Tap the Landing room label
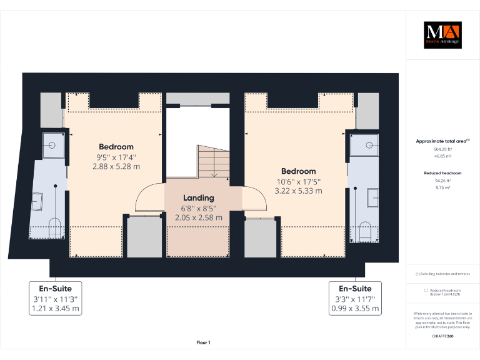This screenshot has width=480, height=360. (x=198, y=198)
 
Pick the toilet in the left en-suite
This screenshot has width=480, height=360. (x=54, y=227)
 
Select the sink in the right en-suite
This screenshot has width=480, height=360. (x=371, y=197)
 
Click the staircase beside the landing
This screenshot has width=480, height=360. (x=212, y=162)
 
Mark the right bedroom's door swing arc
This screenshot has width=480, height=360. (x=252, y=200)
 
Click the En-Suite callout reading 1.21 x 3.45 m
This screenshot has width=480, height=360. (x=56, y=308)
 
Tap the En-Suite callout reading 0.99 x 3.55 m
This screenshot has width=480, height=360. (x=355, y=308)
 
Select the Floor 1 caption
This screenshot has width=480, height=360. (x=204, y=342)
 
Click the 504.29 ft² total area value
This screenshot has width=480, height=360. (x=442, y=149)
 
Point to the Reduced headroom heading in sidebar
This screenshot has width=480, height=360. (x=442, y=172)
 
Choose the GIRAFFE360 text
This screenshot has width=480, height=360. (x=442, y=337)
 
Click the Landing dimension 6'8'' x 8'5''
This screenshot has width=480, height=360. (x=198, y=209)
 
